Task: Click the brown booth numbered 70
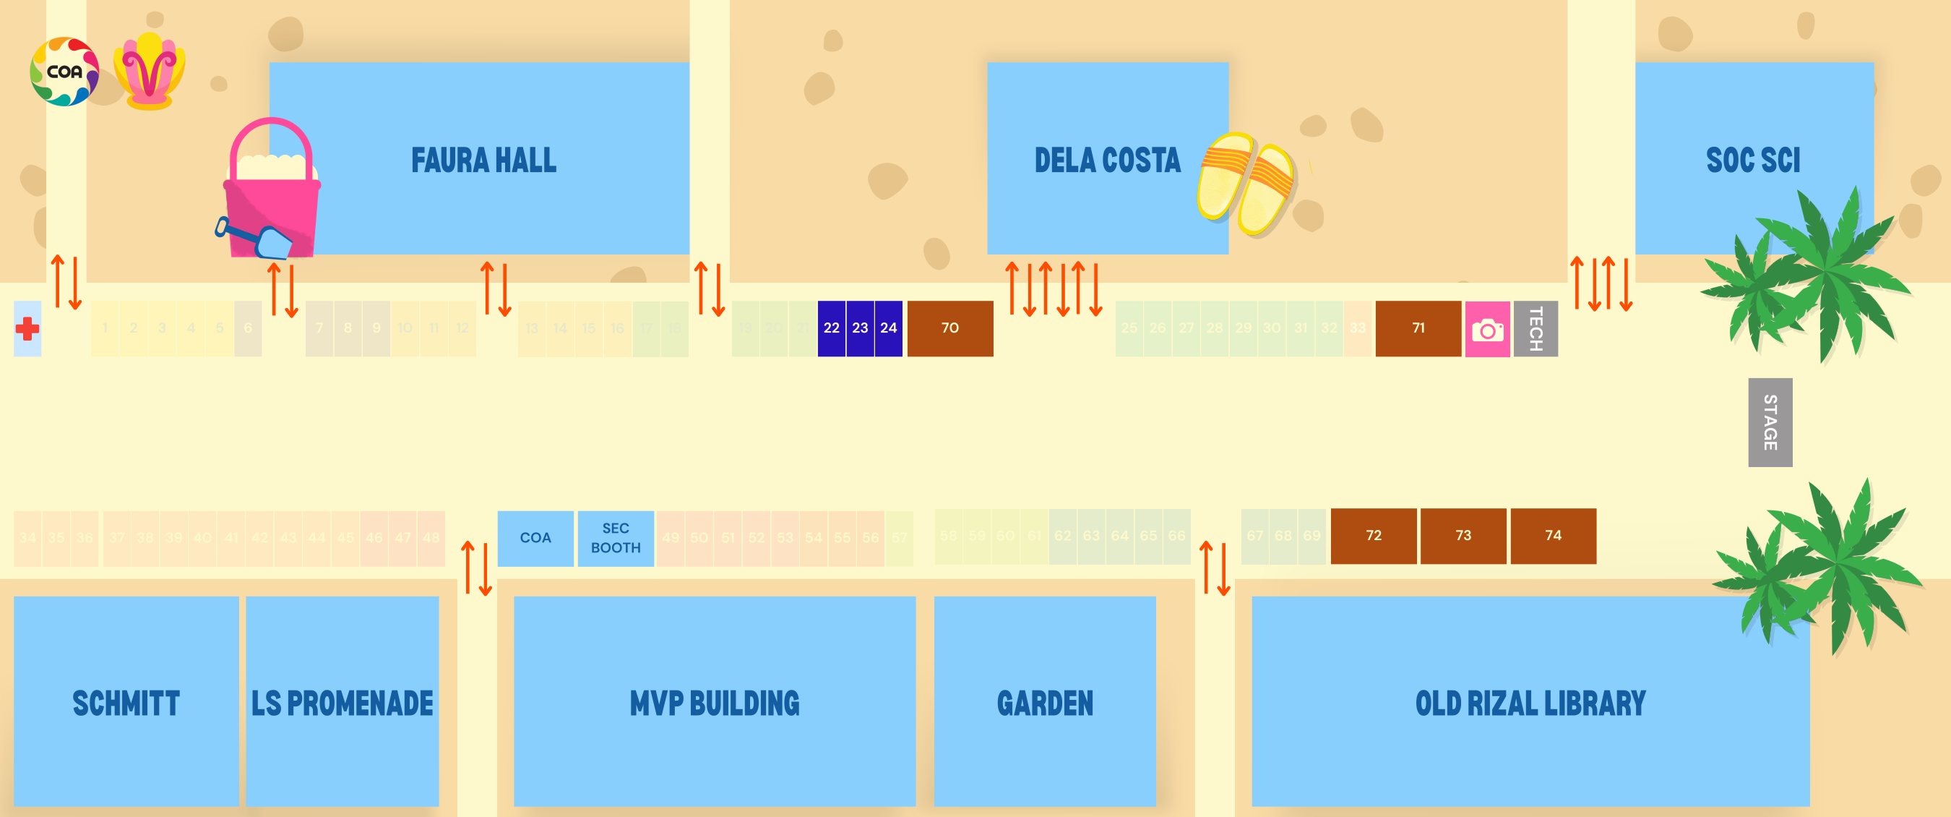949,328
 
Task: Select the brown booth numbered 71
1418,328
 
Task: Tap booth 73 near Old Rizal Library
1463,536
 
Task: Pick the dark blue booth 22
831,328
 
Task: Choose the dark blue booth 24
888,328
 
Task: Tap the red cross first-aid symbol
27,329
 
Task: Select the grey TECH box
1536,329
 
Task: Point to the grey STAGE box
1769,422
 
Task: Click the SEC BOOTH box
615,538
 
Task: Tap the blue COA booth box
535,538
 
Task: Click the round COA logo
64,72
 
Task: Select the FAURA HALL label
483,161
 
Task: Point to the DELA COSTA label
1106,161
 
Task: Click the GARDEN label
1044,703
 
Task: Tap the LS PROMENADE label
343,703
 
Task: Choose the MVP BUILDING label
714,703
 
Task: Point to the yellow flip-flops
1246,184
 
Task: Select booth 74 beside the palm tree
1553,536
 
